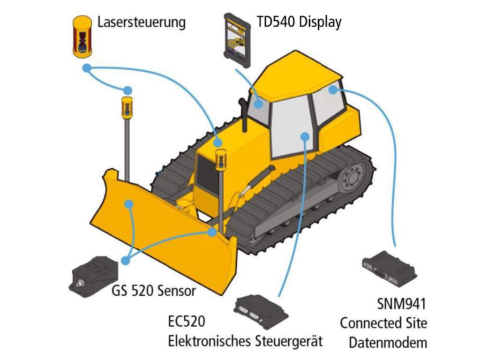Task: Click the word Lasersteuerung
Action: pos(142,22)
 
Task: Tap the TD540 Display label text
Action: pos(299,22)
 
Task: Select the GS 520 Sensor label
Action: pos(153,291)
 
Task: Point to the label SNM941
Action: pos(402,305)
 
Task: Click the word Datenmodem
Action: pos(388,342)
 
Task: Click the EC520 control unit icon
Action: pos(261,311)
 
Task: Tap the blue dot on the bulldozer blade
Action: pos(128,203)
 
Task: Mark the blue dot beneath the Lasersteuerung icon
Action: pos(86,68)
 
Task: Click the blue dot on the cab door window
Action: pos(305,136)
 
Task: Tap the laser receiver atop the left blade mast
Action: pos(127,107)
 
